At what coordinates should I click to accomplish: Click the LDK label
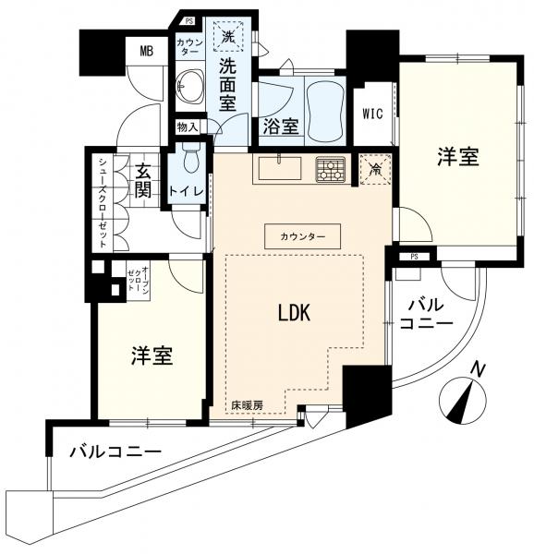tap(294, 314)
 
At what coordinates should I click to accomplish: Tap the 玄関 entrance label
tap(144, 182)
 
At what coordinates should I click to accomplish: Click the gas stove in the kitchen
tap(330, 169)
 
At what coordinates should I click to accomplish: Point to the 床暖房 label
tap(247, 405)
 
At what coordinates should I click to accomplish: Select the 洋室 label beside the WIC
tap(458, 158)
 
